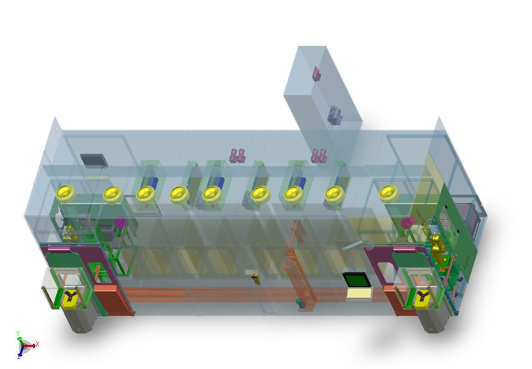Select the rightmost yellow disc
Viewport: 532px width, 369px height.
389,194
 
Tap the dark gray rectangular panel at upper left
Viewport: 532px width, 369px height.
94,161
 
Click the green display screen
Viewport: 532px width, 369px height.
356,280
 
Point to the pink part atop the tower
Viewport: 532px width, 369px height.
316,74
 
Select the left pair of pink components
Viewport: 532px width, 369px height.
237,155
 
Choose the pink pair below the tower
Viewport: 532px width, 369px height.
319,155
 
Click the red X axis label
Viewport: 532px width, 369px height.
37,344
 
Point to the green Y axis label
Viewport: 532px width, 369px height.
18,333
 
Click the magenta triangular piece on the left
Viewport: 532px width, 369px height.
120,223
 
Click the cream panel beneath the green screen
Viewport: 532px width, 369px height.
359,293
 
